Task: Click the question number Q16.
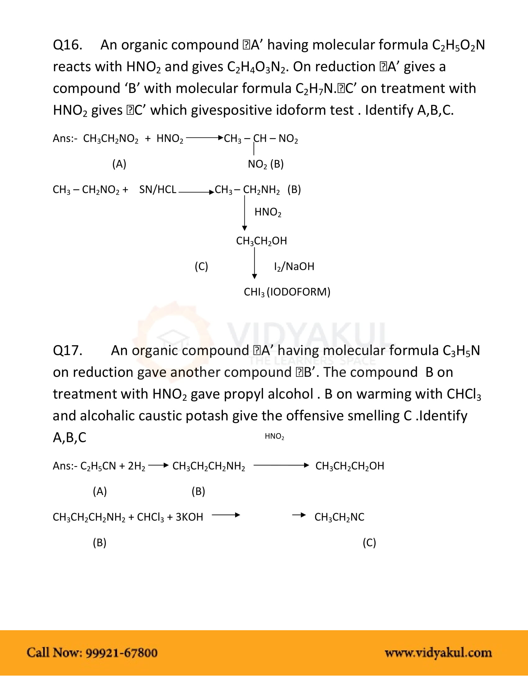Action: (68, 45)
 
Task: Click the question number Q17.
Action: (68, 350)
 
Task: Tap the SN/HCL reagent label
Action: (158, 189)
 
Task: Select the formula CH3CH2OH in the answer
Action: (261, 241)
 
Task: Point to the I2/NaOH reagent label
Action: (294, 266)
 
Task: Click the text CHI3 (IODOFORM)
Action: (287, 292)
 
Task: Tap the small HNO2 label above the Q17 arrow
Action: (274, 436)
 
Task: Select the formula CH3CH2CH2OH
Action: (349, 466)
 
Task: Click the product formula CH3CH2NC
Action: (339, 517)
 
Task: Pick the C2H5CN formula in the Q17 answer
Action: (98, 466)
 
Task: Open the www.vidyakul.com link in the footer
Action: (438, 653)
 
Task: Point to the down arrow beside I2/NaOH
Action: (255, 263)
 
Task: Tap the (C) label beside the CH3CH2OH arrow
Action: (201, 266)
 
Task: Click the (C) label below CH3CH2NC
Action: (369, 543)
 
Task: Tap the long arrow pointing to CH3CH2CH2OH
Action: (281, 465)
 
